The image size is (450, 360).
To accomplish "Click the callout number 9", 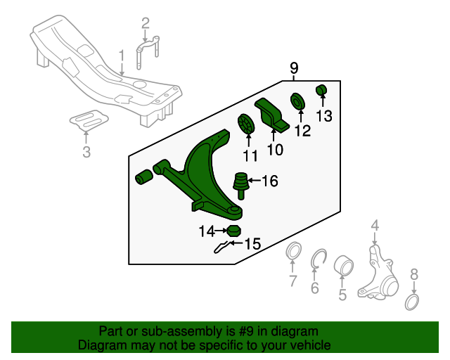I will tap(294, 68).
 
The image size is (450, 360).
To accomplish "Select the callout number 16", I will tap(269, 181).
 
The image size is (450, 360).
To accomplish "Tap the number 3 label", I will tap(86, 152).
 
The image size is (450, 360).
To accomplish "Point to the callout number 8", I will tap(414, 274).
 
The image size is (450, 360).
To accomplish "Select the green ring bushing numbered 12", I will tap(298, 101).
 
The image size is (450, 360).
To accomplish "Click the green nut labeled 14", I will tap(234, 231).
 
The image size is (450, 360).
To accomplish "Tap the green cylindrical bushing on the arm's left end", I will tap(144, 176).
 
